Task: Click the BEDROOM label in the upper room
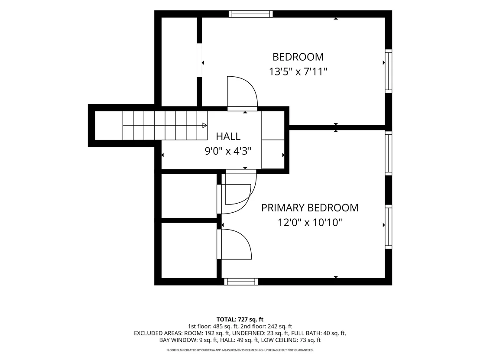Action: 298,57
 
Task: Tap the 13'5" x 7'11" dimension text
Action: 298,71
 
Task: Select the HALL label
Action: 228,136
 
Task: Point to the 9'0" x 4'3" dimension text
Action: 228,151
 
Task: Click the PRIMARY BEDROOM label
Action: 309,208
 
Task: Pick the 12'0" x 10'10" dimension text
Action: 309,222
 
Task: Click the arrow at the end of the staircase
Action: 204,125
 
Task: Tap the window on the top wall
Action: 251,14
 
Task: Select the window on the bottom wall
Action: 241,282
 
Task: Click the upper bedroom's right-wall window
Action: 388,71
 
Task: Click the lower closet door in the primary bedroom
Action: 234,244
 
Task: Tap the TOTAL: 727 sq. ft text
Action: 240,320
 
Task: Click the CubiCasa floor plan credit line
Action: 240,350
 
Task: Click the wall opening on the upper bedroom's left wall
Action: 199,60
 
